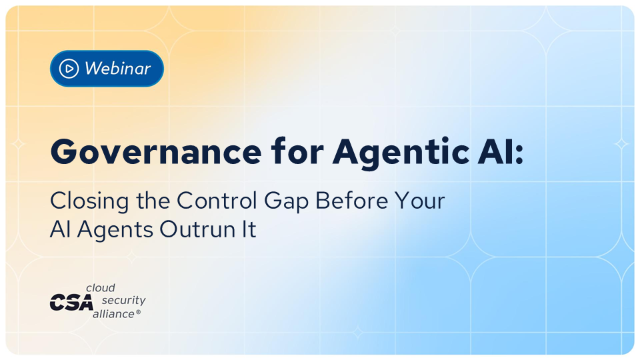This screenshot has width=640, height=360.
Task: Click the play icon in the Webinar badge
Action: point(69,68)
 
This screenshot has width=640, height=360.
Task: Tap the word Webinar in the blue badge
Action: point(118,68)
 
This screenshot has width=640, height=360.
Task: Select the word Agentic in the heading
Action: point(400,152)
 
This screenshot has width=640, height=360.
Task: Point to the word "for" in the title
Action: point(297,151)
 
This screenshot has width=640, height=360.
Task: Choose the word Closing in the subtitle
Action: point(89,201)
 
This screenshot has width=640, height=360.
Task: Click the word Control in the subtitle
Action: point(217,200)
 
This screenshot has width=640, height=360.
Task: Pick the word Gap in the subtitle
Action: point(286,202)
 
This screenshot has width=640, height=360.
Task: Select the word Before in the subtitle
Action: point(351,200)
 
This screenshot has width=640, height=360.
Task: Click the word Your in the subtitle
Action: point(420,200)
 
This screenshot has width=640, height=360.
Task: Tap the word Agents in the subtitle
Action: point(115,230)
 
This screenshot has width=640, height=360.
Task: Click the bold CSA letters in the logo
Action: point(71,302)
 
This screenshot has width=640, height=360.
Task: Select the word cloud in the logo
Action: point(100,288)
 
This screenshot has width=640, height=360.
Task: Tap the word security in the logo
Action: point(123,300)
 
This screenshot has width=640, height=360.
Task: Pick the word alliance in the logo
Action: point(113,314)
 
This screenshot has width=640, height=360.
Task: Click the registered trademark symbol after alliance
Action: point(138,312)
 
